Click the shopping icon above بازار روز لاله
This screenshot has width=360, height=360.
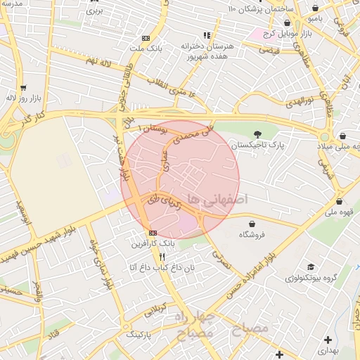(x=24, y=88)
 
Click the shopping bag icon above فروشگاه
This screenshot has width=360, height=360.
(x=251, y=224)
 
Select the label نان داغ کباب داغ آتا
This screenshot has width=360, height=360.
(x=161, y=267)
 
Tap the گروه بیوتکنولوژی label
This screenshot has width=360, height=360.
(x=311, y=278)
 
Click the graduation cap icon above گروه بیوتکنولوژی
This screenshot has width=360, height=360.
(x=309, y=267)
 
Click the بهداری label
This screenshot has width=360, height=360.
(x=327, y=349)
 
